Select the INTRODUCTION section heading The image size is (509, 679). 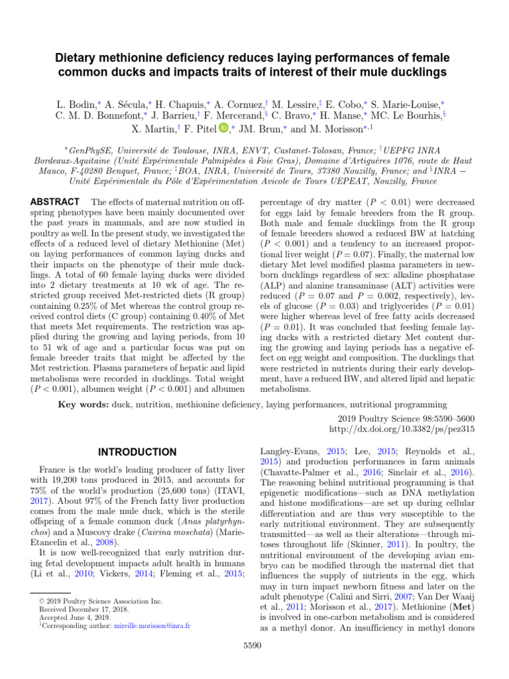click(137, 452)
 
